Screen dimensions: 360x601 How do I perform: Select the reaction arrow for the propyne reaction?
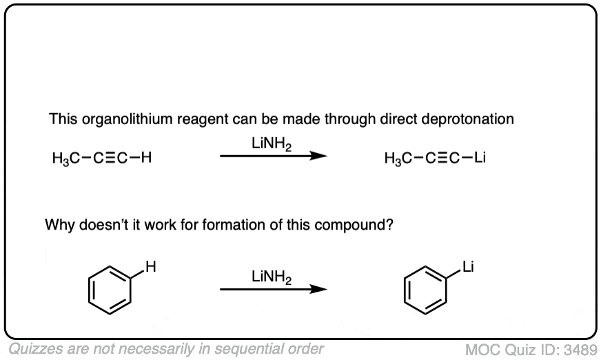pyautogui.click(x=272, y=157)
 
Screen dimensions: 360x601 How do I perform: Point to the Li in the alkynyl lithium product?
pyautogui.click(x=481, y=158)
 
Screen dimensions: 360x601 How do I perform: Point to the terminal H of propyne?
pyautogui.click(x=147, y=158)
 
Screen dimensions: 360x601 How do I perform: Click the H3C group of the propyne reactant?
pyautogui.click(x=64, y=158)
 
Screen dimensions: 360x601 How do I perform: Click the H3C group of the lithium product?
pyautogui.click(x=398, y=158)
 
